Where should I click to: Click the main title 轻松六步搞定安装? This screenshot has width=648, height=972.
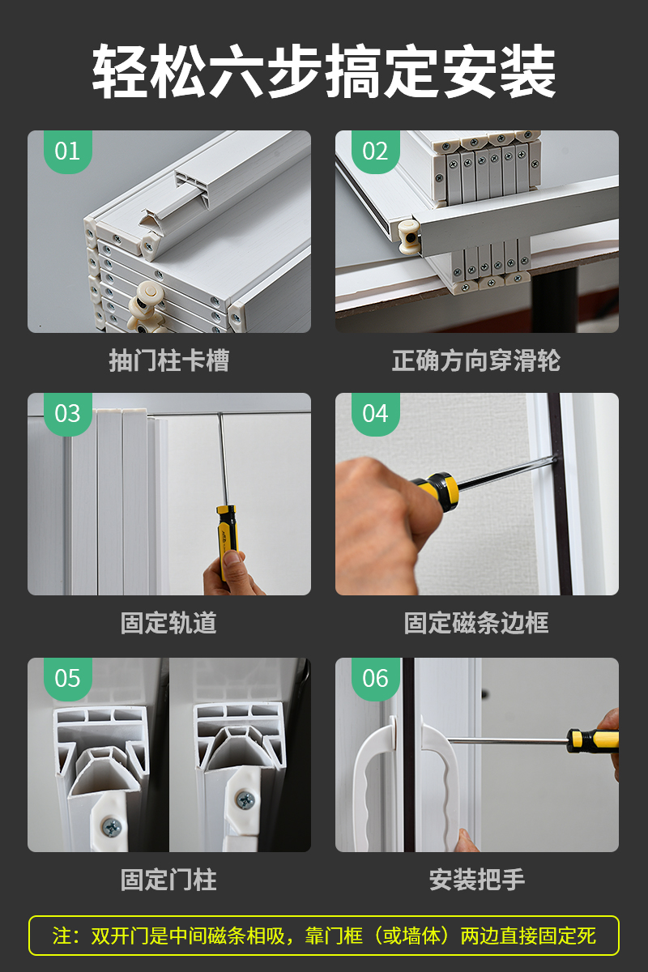[324, 71]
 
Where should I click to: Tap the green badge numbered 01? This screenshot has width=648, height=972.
[68, 151]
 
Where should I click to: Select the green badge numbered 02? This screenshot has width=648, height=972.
[375, 151]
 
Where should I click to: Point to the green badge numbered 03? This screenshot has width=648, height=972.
[68, 414]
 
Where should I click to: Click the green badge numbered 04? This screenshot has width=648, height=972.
[375, 414]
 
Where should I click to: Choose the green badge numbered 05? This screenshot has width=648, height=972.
[68, 679]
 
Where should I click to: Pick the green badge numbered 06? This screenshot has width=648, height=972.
[375, 679]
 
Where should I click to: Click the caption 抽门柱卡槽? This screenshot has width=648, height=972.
[168, 360]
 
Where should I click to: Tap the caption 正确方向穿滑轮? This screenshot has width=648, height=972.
[476, 360]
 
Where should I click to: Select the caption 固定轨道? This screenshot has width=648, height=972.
[168, 623]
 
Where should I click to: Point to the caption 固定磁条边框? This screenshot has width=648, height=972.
[476, 623]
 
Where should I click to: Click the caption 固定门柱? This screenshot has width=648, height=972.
[168, 880]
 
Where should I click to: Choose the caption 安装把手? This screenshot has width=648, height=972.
[477, 880]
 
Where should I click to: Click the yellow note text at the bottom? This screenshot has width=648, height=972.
[324, 936]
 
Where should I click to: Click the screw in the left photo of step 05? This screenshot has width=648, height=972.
[113, 829]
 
